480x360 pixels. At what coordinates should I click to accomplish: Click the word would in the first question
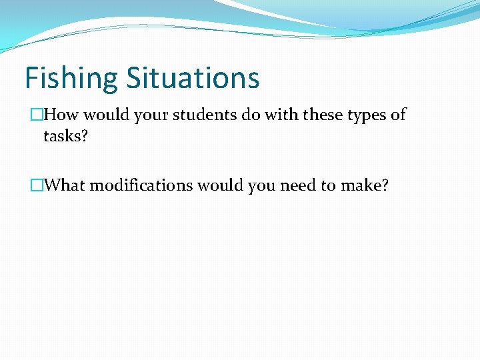[106, 115]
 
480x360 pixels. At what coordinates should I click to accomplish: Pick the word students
[203, 115]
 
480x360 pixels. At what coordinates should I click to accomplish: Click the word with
[281, 115]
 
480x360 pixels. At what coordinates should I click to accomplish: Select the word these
[323, 115]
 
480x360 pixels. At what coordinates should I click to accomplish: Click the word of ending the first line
[398, 115]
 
